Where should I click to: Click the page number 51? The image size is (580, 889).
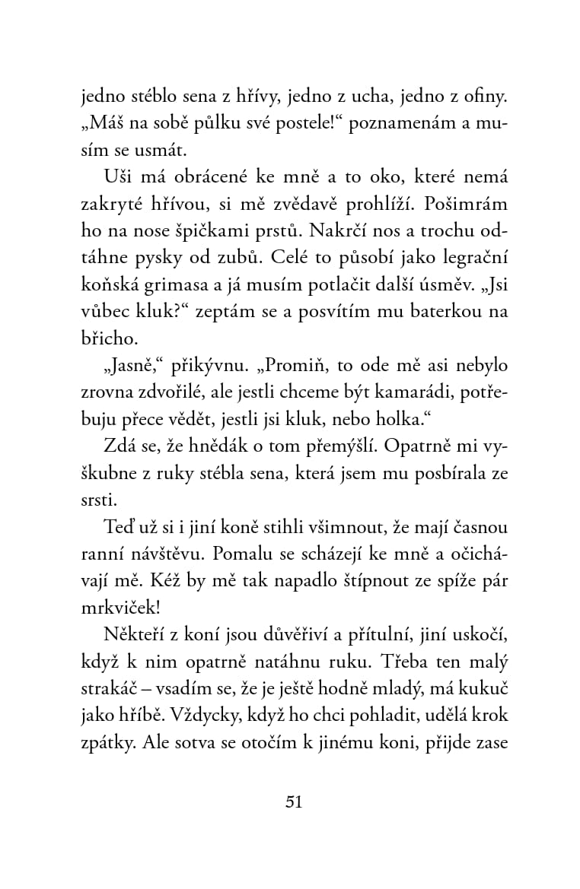pyautogui.click(x=293, y=802)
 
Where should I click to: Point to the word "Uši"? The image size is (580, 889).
pyautogui.click(x=117, y=177)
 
